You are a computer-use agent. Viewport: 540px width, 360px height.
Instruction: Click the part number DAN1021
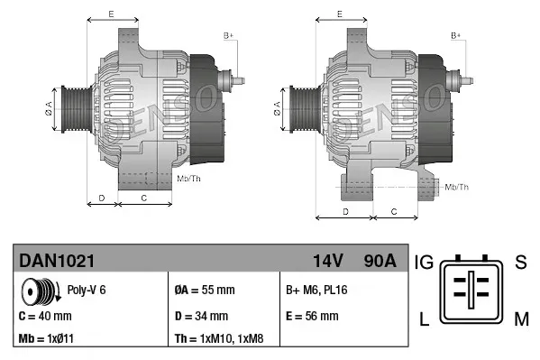[x=57, y=261]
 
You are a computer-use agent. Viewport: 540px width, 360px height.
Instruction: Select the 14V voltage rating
[x=327, y=261]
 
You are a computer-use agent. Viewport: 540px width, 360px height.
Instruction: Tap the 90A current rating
[x=378, y=261]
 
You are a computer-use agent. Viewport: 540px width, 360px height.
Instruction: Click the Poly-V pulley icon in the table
[x=39, y=291]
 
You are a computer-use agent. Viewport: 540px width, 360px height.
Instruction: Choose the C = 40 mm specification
[x=45, y=316]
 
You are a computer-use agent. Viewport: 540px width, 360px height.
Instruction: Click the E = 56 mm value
[x=312, y=316]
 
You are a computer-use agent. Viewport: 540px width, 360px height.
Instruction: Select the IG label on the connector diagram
[x=424, y=263]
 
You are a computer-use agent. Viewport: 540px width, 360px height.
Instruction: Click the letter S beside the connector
[x=520, y=263]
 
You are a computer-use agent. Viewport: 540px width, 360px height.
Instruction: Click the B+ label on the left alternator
[x=229, y=35]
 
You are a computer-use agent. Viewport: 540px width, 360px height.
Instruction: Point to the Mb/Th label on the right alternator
[x=458, y=187]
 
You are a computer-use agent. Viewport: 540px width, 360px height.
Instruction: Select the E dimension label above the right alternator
[x=339, y=13]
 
